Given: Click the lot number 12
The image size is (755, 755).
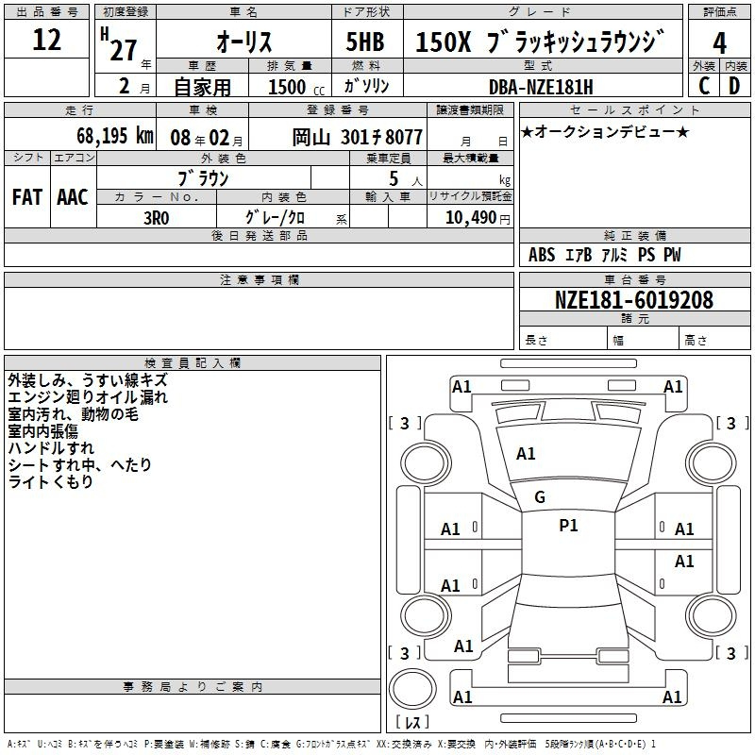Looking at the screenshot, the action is point(46,40).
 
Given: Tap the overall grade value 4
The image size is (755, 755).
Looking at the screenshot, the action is point(719,42).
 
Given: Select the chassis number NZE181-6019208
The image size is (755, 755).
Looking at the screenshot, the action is point(634,300).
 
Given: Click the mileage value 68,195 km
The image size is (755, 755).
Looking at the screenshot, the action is point(115,136).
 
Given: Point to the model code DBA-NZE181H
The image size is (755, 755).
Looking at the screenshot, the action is point(541,87).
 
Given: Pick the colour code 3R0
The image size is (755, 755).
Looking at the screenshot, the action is point(157,218).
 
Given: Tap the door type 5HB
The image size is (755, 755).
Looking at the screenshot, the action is point(365,42).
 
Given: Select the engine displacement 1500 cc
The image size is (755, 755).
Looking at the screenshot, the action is point(296,87).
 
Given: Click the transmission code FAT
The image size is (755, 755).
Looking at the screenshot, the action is point(27,197).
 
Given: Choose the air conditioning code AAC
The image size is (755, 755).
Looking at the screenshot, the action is point(73,197).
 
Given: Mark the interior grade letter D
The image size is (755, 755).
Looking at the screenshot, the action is point(734,86).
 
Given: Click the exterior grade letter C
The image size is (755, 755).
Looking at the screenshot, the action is point(704,86).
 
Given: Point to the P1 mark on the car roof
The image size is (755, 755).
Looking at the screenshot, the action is point(568,526).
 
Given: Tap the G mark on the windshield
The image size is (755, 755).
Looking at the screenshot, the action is point(540,497).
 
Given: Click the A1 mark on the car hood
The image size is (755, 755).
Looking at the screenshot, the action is point(526,454).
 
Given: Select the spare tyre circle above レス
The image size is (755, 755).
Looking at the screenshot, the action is point(412,689).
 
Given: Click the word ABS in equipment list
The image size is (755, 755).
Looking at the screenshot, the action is point(542,255).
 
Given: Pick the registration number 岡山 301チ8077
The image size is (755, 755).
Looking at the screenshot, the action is point(358,137).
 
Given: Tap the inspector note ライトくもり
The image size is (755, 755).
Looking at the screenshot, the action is point(51,481).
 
